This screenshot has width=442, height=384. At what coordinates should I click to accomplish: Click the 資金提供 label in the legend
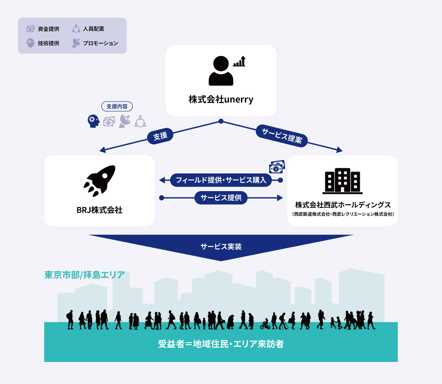click(49, 29)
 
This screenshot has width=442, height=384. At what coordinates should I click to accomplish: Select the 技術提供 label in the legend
click(49, 43)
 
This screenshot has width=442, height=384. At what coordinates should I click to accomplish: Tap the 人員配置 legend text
click(94, 29)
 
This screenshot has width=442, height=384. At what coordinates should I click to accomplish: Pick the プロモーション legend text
click(100, 43)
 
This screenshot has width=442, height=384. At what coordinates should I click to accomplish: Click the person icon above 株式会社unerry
click(221, 71)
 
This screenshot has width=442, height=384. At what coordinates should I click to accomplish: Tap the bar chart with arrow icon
click(239, 61)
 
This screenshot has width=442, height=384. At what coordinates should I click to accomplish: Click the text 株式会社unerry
click(221, 99)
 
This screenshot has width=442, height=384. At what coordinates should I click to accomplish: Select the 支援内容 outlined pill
click(117, 106)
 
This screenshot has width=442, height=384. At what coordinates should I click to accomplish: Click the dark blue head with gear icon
click(94, 121)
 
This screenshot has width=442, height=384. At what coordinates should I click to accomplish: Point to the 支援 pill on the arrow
click(160, 136)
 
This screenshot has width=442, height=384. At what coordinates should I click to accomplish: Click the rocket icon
click(99, 181)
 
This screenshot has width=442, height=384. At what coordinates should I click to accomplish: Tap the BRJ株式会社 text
click(99, 210)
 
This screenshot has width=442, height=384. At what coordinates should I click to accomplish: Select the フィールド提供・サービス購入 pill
click(221, 180)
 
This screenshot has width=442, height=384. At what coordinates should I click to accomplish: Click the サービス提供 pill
click(221, 198)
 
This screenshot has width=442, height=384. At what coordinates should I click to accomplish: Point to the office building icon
click(343, 181)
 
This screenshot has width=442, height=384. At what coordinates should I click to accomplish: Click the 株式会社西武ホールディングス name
click(343, 205)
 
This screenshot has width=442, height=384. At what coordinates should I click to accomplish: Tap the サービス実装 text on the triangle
click(221, 247)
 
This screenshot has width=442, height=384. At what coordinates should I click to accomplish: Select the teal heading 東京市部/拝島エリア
click(84, 275)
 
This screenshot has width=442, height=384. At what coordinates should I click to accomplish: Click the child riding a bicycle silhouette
click(265, 324)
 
